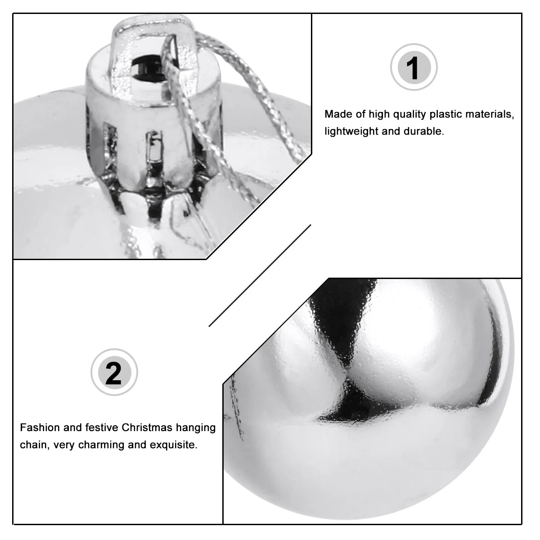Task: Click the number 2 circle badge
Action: pyautogui.click(x=114, y=373)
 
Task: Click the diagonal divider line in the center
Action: pyautogui.click(x=260, y=275)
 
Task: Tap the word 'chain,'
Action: pyautogui.click(x=33, y=445)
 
